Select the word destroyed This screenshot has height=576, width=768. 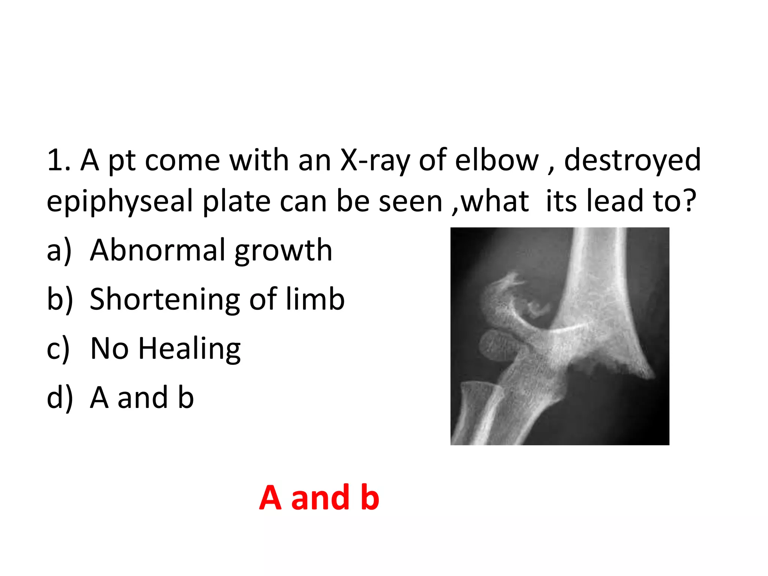632,160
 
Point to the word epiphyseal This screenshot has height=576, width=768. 120,202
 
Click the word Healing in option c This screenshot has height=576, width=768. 189,349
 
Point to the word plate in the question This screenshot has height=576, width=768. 236,202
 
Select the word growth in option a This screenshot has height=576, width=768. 283,250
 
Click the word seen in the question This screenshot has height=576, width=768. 411,202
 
